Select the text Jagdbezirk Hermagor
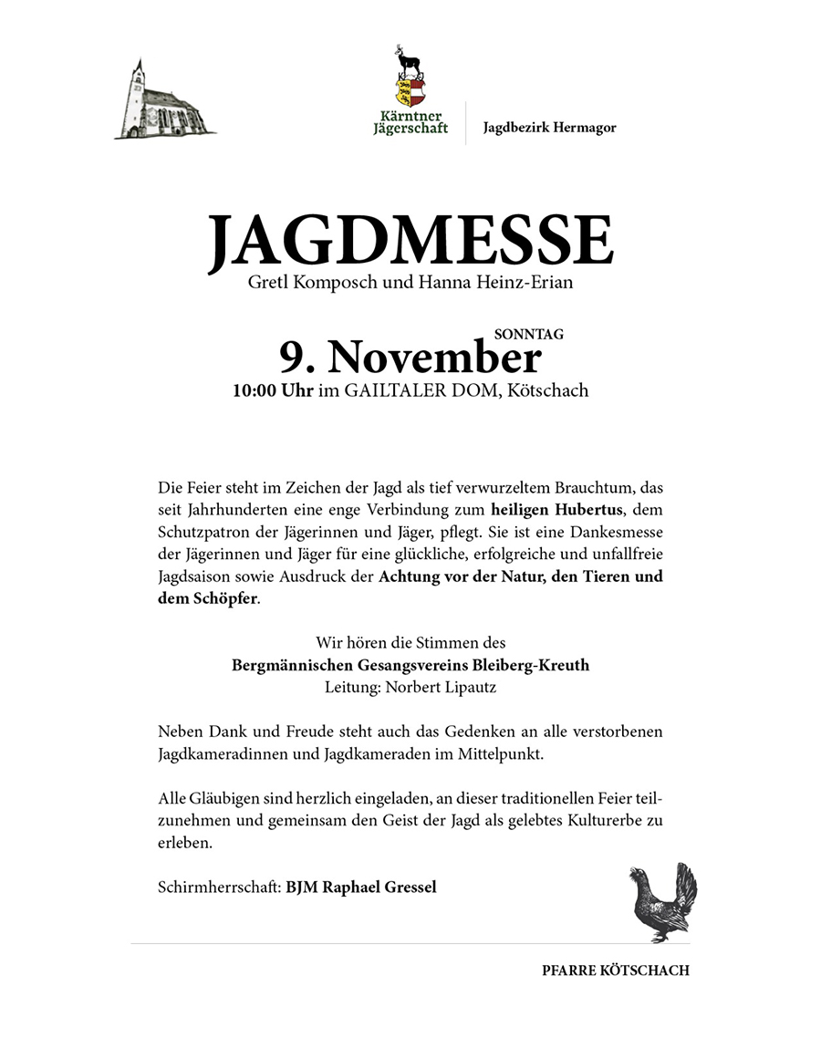(x=549, y=128)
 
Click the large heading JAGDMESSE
(x=410, y=241)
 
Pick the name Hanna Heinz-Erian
(x=496, y=284)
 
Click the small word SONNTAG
(x=535, y=335)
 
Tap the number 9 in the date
(x=290, y=358)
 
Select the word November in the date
(x=434, y=358)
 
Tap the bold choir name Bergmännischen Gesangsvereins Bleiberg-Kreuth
(x=410, y=665)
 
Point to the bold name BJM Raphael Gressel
(x=361, y=887)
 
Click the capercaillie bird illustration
(x=663, y=904)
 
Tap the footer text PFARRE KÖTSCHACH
(x=615, y=971)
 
